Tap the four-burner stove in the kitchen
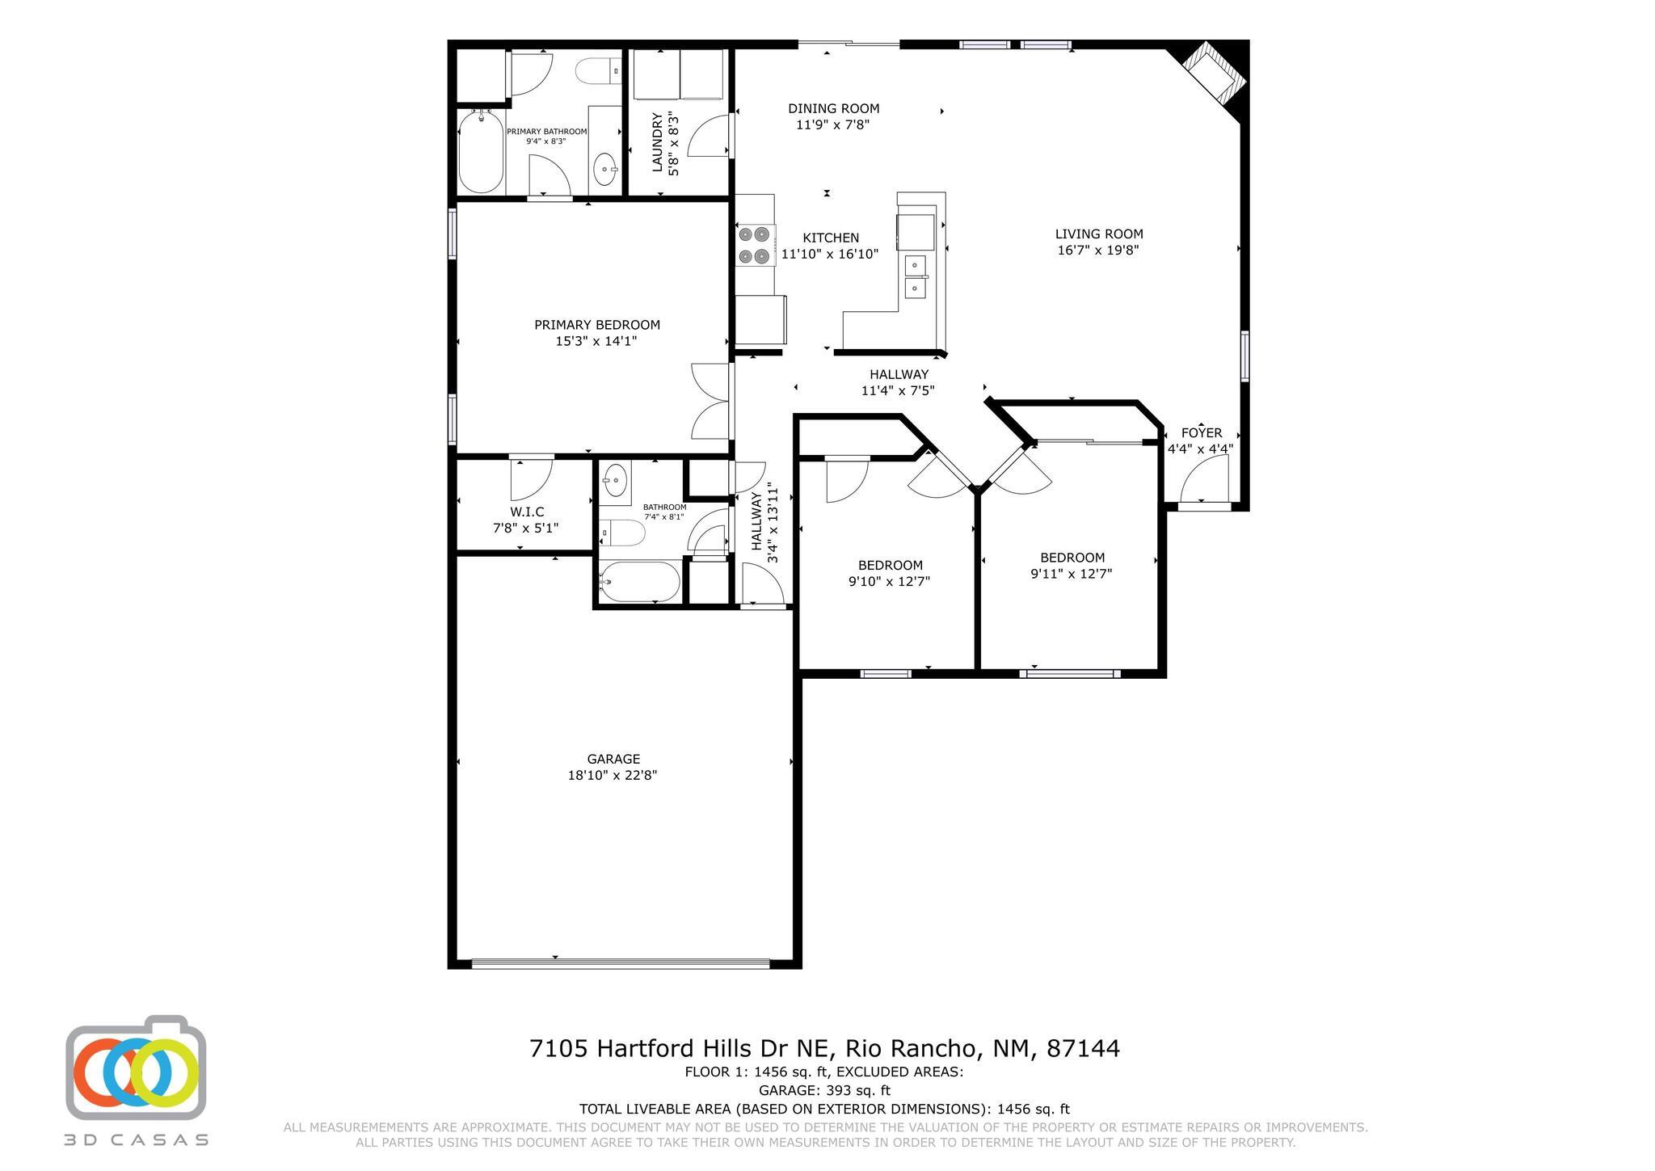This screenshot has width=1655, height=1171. tap(754, 246)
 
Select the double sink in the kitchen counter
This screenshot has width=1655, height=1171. tap(916, 276)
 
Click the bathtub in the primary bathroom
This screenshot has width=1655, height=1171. tap(481, 151)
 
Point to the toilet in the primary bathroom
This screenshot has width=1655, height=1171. tap(597, 71)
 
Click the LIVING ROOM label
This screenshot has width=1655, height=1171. tap(1098, 234)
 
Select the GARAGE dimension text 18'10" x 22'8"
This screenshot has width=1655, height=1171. tap(613, 775)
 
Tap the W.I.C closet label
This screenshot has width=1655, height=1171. tap(526, 512)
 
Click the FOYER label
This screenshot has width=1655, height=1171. tap(1201, 432)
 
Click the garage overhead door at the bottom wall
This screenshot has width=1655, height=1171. tap(620, 962)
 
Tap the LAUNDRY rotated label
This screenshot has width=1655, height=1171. tap(657, 142)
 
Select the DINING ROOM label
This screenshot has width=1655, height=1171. tap(833, 108)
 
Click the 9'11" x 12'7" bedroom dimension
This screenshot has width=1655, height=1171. tap(1071, 574)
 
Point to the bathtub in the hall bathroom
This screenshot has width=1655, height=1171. tap(640, 582)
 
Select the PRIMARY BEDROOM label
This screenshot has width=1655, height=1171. tap(596, 325)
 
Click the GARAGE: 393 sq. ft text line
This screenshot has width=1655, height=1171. tap(823, 1090)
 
